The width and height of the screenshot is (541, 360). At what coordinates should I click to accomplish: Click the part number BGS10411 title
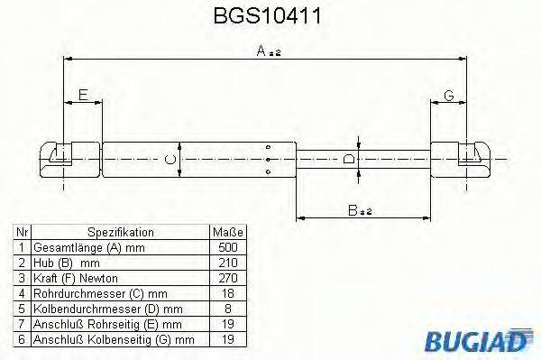click(x=270, y=16)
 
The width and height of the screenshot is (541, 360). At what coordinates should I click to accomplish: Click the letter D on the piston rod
click(x=351, y=160)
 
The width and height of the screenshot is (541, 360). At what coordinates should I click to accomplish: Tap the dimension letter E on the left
click(x=83, y=95)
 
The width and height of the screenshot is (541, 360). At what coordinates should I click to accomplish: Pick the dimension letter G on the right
click(x=448, y=95)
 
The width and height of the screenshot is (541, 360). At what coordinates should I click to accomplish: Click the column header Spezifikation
click(x=120, y=231)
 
